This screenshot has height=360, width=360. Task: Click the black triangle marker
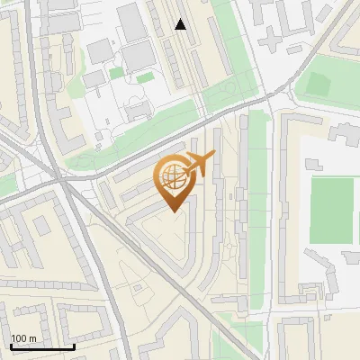180,24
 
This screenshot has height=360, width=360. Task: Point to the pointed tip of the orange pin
174,211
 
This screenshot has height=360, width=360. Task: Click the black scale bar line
41,346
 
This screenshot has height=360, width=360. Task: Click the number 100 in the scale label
19,338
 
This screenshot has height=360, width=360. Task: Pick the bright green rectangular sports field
331,211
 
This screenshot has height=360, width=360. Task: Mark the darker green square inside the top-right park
319,85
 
